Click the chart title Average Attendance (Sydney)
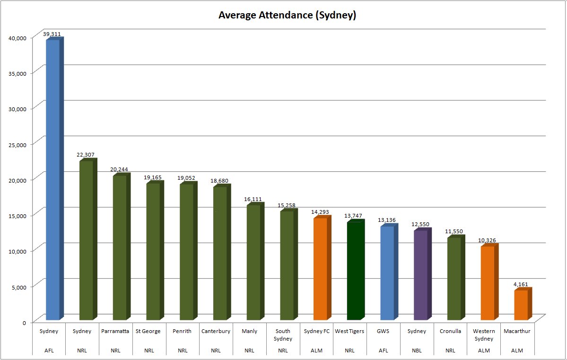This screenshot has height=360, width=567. (x=287, y=15)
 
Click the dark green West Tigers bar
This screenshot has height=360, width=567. (x=356, y=270)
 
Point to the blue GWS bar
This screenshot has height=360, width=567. (x=390, y=272)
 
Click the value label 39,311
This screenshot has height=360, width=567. (x=52, y=34)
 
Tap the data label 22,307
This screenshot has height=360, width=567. (x=85, y=155)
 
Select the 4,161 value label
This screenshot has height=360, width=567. (x=521, y=284)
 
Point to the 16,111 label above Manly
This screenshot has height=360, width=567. (x=253, y=199)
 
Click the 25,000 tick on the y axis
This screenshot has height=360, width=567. (x=17, y=145)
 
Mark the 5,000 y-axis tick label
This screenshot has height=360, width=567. (x=19, y=288)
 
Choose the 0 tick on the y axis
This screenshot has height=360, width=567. (x=25, y=323)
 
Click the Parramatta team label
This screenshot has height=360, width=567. (x=115, y=331)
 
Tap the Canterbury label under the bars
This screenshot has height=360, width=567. (x=216, y=331)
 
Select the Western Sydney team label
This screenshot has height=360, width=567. (x=484, y=335)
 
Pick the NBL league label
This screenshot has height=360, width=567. (x=417, y=350)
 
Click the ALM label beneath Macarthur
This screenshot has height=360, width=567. (x=517, y=350)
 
